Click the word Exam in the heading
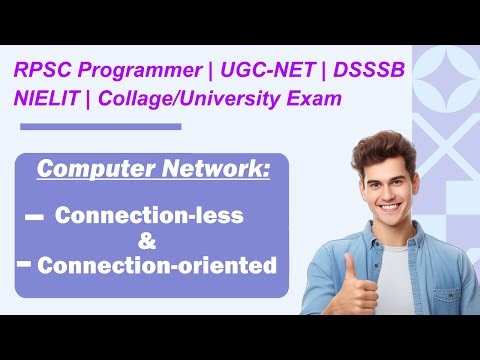314,100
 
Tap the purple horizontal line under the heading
100,127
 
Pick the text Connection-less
150,215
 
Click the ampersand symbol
147,241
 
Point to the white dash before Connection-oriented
22,264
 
